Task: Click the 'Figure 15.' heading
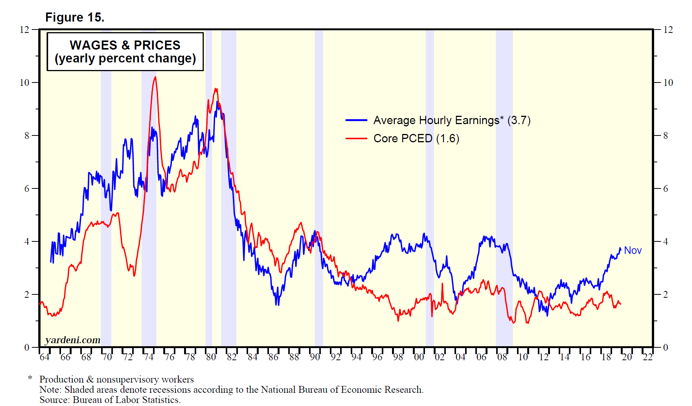[x=75, y=17]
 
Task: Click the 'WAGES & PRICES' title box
[x=125, y=51]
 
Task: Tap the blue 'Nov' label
[x=633, y=250]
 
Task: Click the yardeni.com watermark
[x=73, y=340]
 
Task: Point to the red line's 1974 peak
[x=155, y=77]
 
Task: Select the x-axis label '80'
[x=211, y=357]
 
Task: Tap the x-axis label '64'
[x=44, y=357]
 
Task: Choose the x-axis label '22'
[x=648, y=357]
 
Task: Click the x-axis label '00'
[x=419, y=357]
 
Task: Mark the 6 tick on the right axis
[x=665, y=188]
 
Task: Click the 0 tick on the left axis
[x=27, y=347]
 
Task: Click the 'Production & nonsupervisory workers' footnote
[x=116, y=380]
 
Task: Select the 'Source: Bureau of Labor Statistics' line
[x=110, y=400]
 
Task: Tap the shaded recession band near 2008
[x=504, y=189]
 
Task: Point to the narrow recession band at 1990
[x=319, y=189]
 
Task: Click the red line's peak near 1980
[x=216, y=89]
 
